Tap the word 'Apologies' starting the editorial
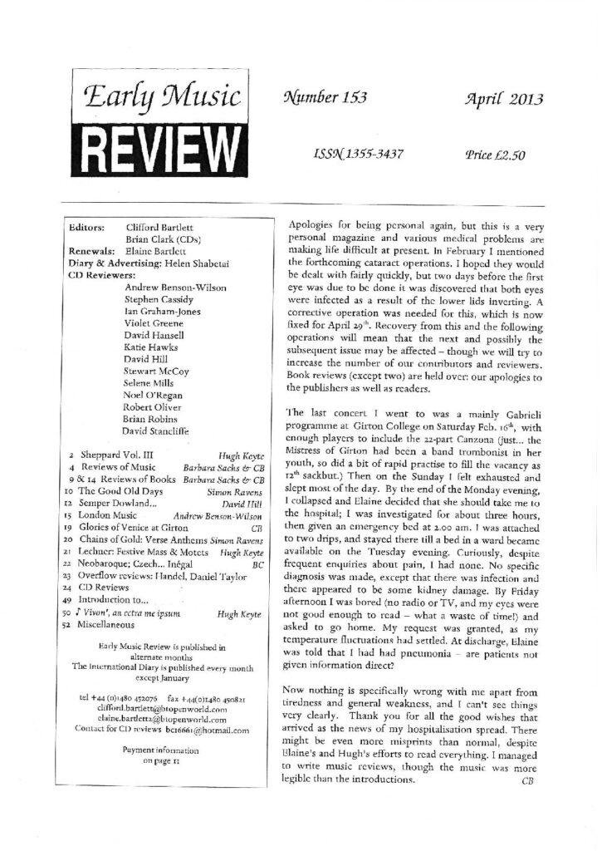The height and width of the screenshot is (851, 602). [312, 224]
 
